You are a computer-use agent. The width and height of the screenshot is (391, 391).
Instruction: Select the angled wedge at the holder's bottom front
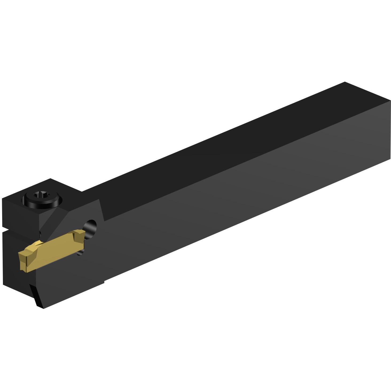[37, 296]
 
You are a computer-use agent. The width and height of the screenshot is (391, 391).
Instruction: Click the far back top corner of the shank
[345, 82]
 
